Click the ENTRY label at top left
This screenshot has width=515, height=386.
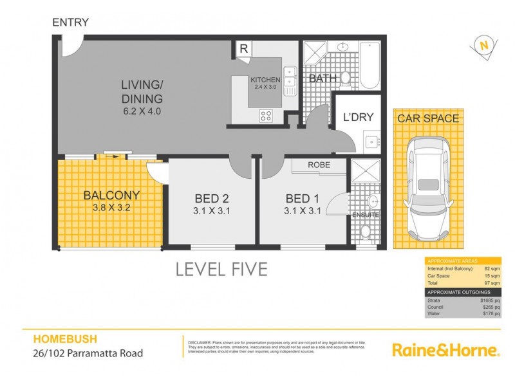tap(70, 22)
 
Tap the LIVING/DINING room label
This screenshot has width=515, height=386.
tap(142, 92)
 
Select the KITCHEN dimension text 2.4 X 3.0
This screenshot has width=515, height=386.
tap(266, 87)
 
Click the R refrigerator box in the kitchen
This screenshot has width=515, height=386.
tap(244, 49)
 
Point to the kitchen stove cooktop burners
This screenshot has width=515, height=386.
tap(266, 115)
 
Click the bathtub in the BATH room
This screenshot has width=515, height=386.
tap(369, 65)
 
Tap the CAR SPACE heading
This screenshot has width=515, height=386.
tap(428, 118)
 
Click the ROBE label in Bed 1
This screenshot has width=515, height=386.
tap(319, 165)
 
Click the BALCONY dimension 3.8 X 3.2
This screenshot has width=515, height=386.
tap(111, 207)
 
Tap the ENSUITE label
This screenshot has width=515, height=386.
tap(364, 214)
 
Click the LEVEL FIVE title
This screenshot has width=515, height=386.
tap(221, 269)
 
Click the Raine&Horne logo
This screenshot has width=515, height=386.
tap(445, 351)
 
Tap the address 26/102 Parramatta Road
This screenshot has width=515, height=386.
tap(88, 353)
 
